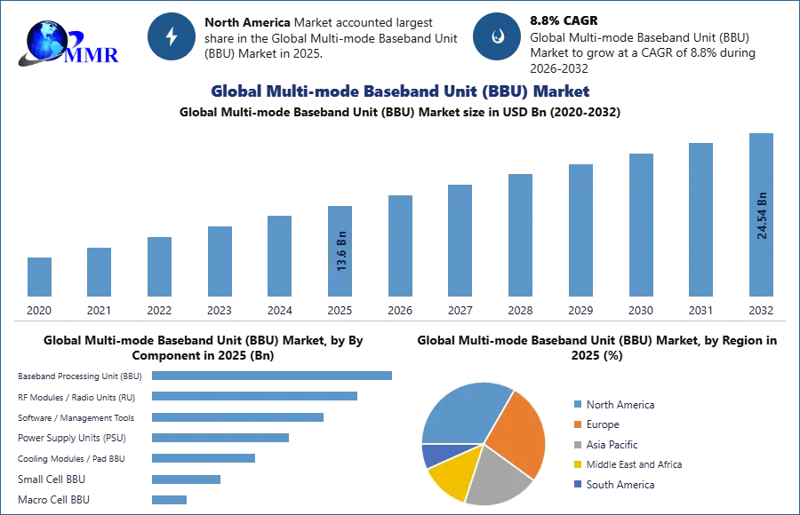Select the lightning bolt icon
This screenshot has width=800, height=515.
172,36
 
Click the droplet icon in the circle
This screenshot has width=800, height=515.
497,36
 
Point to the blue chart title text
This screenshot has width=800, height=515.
399,91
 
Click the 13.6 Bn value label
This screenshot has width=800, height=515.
341,251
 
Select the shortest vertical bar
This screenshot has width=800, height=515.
39,277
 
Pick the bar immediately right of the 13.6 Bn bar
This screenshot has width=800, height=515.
398,245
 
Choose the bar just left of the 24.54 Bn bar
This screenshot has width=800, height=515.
700,219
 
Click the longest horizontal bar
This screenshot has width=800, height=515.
273,376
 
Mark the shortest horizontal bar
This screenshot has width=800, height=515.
170,499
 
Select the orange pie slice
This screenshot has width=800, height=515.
517,431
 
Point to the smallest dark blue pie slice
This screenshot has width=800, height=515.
434,455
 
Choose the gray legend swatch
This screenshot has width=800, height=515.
576,447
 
